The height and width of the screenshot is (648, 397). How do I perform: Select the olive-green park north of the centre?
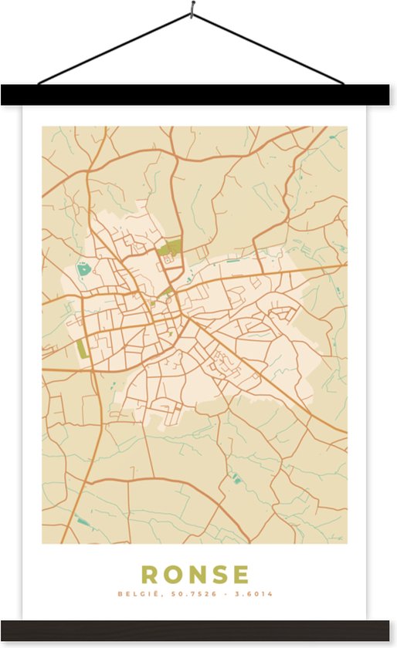[x=170, y=248]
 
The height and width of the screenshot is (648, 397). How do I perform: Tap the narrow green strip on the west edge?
[x=82, y=348]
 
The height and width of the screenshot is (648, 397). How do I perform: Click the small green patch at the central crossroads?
[x=168, y=292]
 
